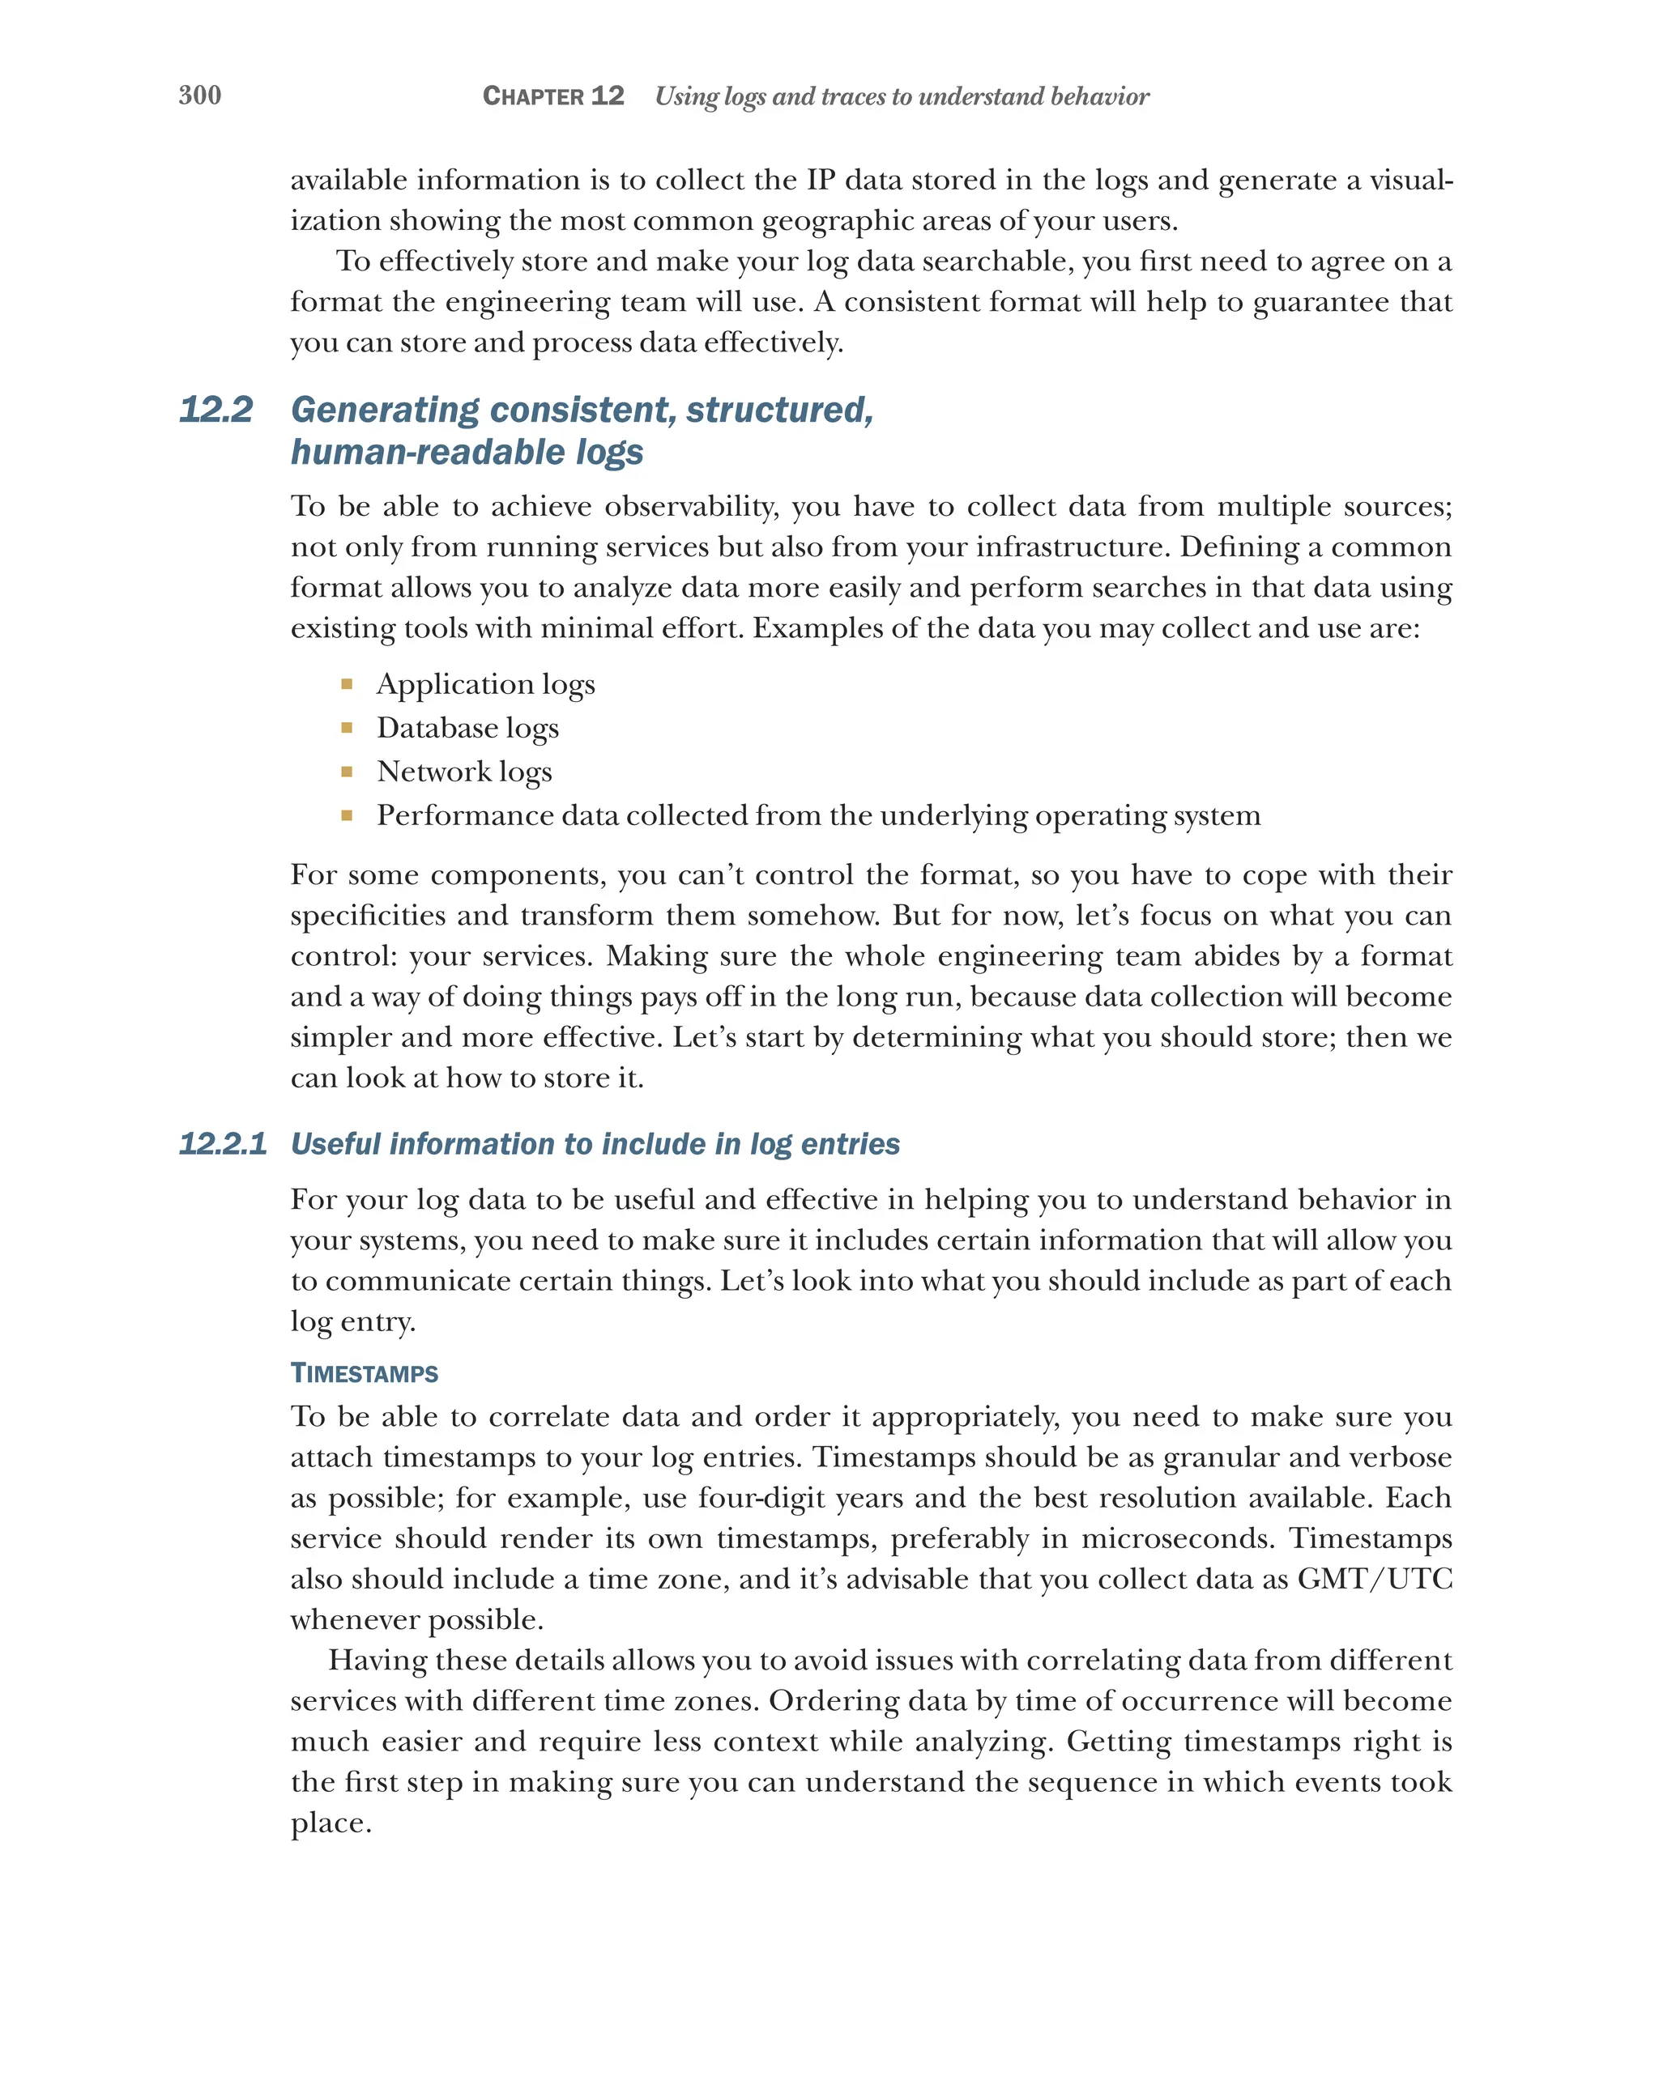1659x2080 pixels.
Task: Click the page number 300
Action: (200, 95)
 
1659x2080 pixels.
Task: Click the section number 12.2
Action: (216, 409)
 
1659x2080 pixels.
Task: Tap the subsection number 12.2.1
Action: (223, 1143)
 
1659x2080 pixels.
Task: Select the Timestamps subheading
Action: (364, 1373)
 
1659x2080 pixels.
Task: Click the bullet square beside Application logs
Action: (347, 684)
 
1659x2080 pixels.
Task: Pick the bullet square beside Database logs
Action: (347, 727)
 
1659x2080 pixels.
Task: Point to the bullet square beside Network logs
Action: (347, 771)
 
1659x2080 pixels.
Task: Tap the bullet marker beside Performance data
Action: (347, 815)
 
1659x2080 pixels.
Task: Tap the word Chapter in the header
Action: (533, 96)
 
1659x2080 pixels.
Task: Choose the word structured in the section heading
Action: (778, 409)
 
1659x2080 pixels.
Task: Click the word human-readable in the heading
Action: (428, 452)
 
